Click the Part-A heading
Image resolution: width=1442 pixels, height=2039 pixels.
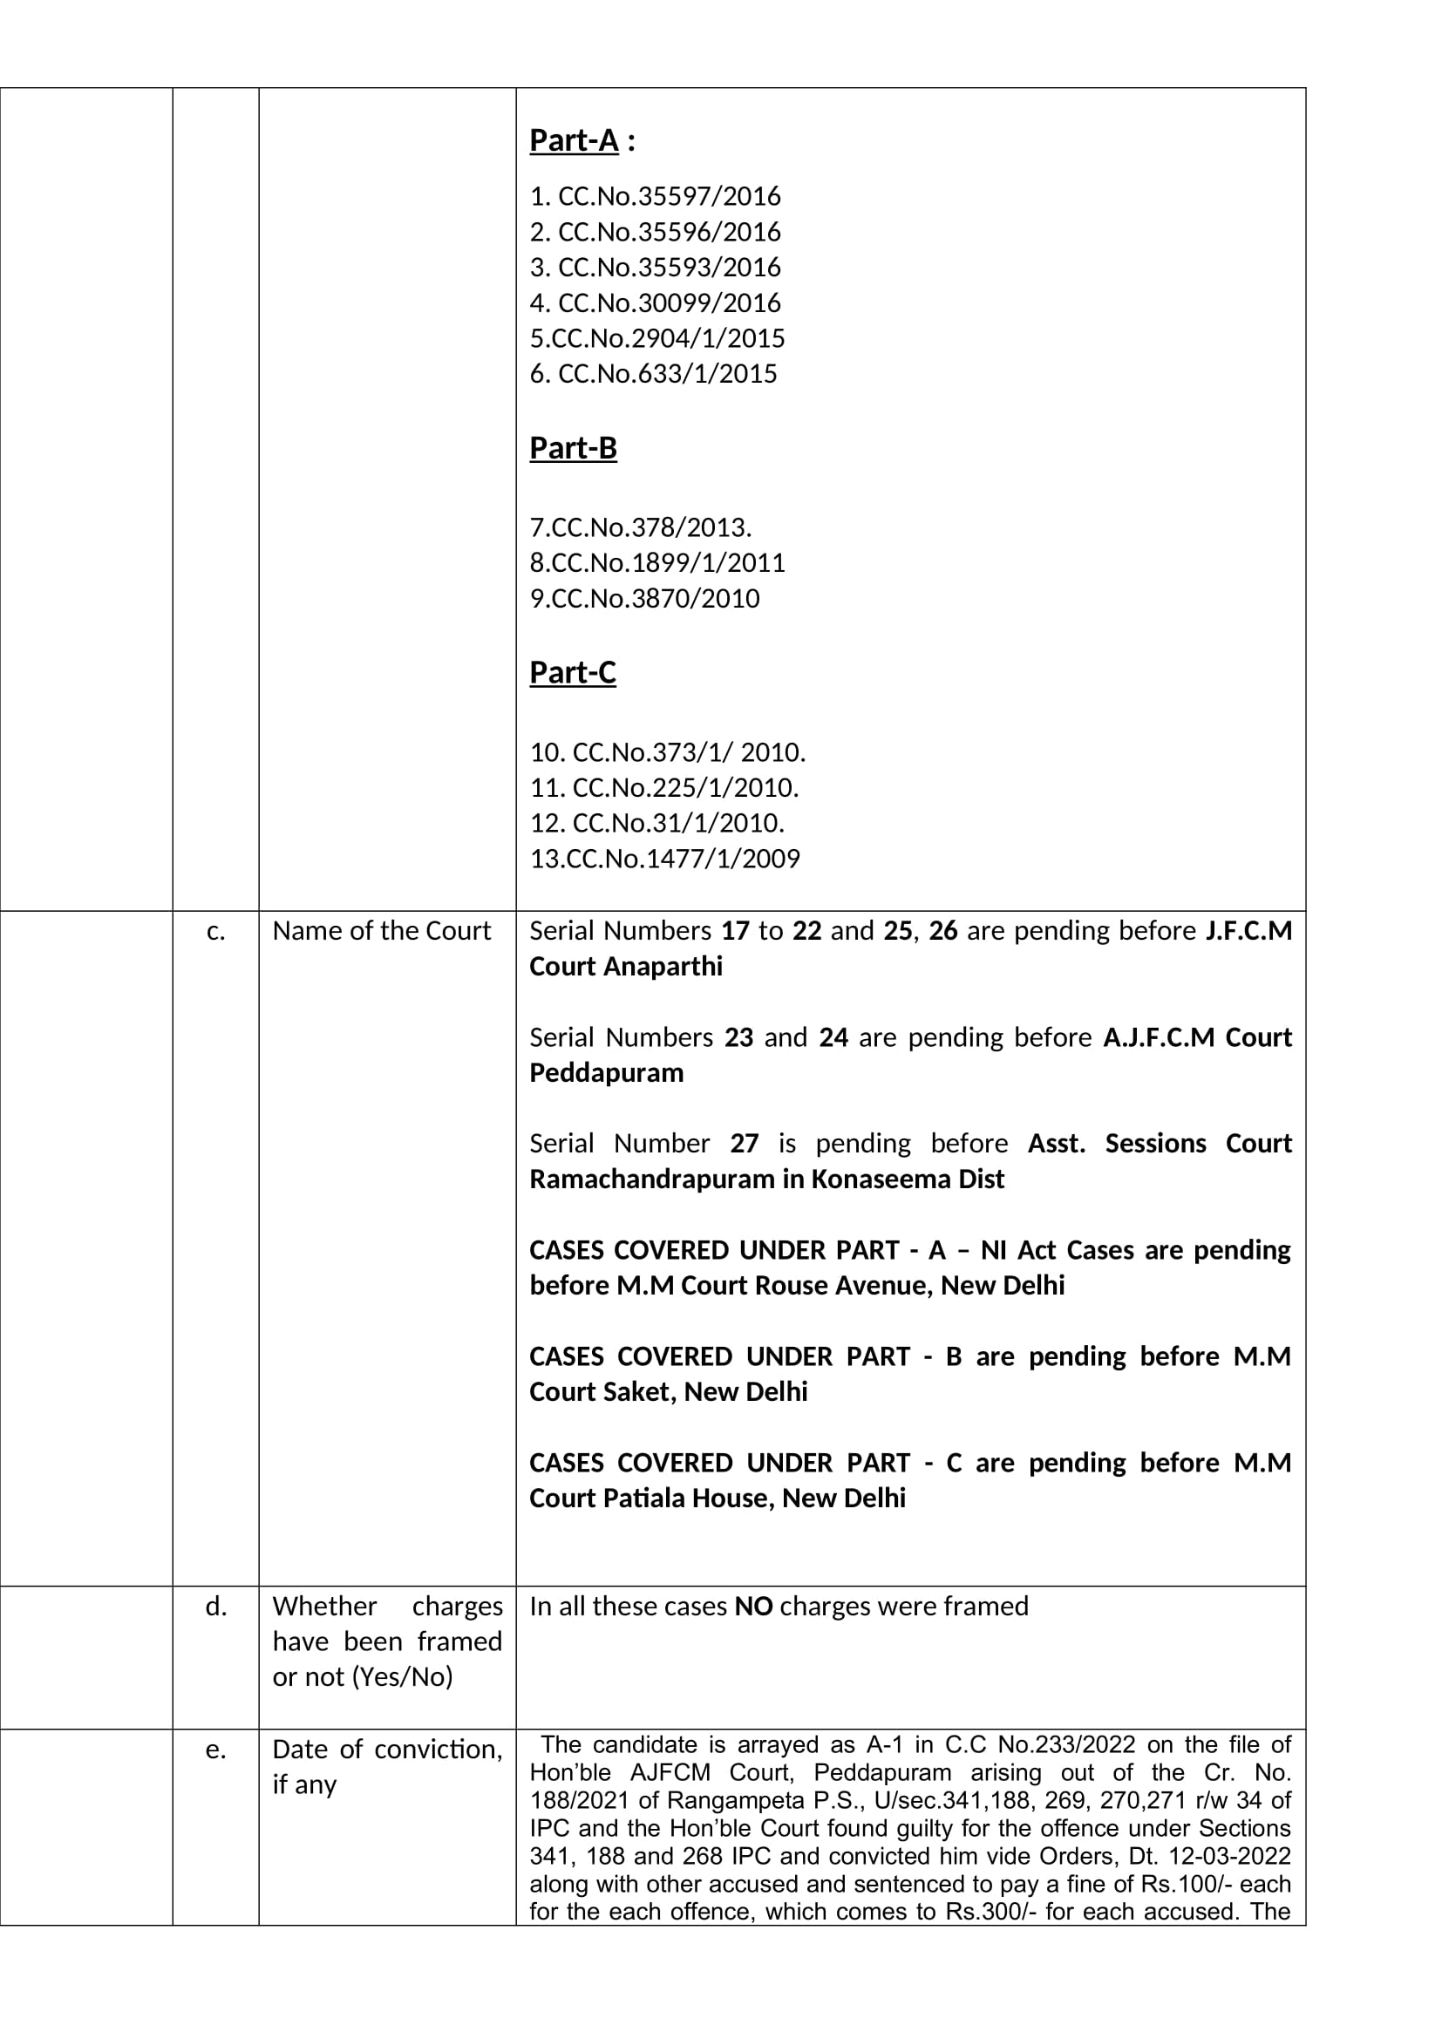click(x=574, y=140)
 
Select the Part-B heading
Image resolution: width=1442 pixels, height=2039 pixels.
click(x=573, y=447)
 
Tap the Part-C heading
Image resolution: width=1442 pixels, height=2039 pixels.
click(x=573, y=672)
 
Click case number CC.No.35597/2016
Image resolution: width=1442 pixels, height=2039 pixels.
click(x=656, y=195)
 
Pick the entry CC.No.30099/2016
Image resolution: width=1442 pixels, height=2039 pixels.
click(x=656, y=302)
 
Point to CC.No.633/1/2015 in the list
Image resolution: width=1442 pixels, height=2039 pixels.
click(x=653, y=373)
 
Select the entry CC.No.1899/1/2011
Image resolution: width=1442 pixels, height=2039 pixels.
click(x=657, y=562)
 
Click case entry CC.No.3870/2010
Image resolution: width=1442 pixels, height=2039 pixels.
click(x=644, y=598)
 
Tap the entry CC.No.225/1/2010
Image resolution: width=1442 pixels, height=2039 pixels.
click(x=664, y=787)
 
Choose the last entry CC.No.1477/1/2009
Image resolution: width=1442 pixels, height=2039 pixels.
click(x=665, y=858)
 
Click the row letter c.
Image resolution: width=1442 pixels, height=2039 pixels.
click(x=214, y=931)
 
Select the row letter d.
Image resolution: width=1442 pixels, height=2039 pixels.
click(x=214, y=1607)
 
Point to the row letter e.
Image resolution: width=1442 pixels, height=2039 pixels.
click(x=214, y=1750)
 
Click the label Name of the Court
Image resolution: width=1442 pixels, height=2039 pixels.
click(x=381, y=931)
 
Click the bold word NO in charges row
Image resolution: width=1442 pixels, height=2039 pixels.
click(x=754, y=1607)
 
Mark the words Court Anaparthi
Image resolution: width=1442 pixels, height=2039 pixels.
click(x=626, y=966)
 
